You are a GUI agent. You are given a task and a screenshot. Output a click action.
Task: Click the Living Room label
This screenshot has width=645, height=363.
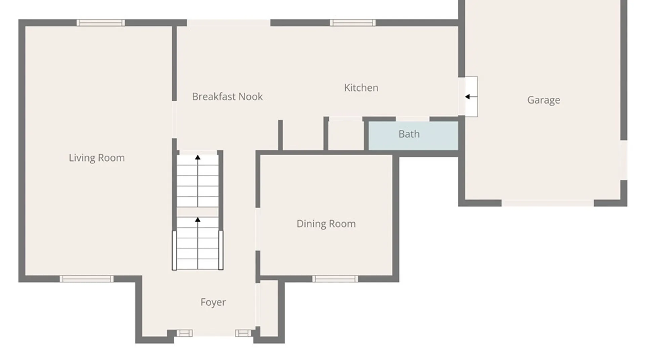coord(97,158)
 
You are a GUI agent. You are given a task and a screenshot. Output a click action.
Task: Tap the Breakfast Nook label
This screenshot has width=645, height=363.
coord(227,97)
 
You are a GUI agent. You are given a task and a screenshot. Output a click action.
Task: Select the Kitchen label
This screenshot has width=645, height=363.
coord(361,88)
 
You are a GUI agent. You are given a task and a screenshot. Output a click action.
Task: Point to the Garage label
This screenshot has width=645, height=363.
coord(544,100)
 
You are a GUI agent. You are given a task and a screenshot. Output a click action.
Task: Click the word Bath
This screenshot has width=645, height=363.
coord(409,134)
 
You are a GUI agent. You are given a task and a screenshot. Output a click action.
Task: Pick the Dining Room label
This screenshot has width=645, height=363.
coord(326,224)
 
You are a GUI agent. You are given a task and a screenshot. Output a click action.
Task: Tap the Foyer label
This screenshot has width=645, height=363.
coord(213,302)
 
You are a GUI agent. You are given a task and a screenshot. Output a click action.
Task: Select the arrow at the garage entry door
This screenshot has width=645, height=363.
coord(471,97)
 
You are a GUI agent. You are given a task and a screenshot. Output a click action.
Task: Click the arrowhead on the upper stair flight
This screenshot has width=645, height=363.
coord(198,157)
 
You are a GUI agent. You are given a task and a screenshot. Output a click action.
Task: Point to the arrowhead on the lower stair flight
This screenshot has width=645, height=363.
coord(198,220)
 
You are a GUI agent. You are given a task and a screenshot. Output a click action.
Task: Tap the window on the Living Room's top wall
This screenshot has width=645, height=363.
coord(100,23)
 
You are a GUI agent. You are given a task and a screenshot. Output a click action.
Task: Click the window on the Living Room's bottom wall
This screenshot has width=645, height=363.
coord(86,279)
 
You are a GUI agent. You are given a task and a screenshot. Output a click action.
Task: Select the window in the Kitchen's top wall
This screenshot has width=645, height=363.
coord(352,23)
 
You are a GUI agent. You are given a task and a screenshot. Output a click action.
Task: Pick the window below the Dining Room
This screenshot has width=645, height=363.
coord(335,279)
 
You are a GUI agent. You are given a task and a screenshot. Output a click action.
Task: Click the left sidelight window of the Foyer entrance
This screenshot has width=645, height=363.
coord(184,333)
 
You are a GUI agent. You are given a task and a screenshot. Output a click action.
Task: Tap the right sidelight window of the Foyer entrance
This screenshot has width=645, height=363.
coord(243,333)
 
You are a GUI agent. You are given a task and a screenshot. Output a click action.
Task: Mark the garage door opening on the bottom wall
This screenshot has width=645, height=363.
coord(548,203)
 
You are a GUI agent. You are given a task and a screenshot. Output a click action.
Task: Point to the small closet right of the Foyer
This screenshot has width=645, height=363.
coord(269,308)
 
